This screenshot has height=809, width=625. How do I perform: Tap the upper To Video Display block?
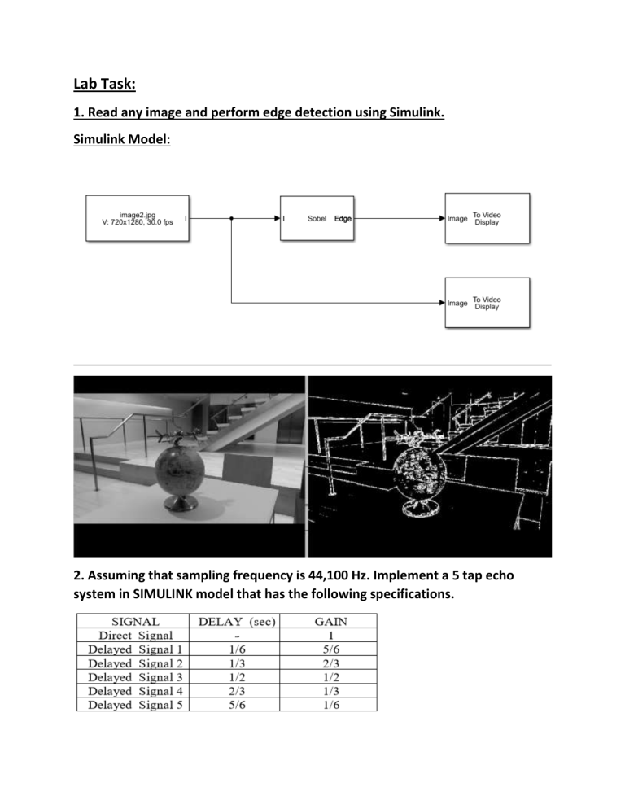487,218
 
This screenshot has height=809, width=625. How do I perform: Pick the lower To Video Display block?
487,302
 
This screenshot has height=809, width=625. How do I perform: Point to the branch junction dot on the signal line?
232,218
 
